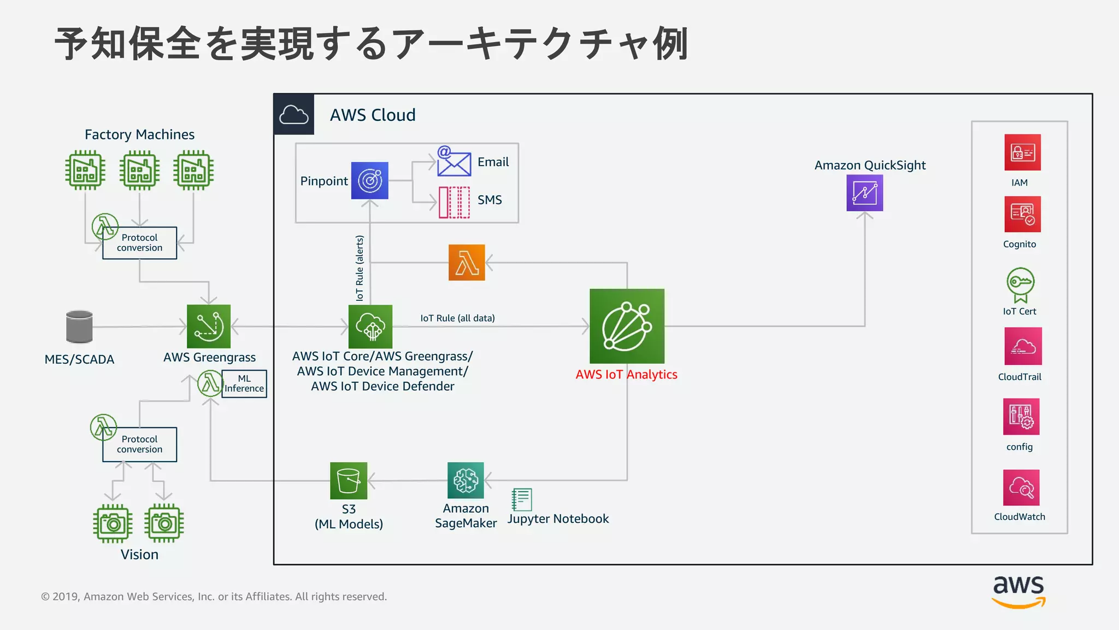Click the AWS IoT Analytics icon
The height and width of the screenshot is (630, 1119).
click(627, 326)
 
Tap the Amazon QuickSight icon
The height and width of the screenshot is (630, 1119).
click(864, 193)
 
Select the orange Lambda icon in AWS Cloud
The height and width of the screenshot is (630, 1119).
click(467, 262)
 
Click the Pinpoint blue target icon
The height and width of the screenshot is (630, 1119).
click(370, 180)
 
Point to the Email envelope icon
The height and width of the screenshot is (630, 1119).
click(454, 162)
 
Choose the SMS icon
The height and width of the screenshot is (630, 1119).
click(454, 202)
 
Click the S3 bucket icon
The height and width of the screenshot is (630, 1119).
click(349, 481)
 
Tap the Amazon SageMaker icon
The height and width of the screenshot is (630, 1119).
click(466, 480)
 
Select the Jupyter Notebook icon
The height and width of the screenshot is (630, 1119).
click(522, 499)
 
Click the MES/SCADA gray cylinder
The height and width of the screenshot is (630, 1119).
click(79, 326)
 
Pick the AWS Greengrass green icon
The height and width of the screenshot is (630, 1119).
click(209, 326)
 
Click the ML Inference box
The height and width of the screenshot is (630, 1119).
click(244, 383)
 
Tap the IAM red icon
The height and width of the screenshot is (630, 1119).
click(1022, 153)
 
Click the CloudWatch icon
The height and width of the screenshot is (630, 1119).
click(1021, 487)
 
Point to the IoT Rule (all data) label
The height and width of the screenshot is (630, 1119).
click(457, 318)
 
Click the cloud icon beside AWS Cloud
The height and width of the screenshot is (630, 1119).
click(294, 114)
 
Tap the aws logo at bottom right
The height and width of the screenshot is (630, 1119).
click(1018, 591)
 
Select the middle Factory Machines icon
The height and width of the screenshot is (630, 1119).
click(140, 170)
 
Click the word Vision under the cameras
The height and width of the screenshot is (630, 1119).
click(139, 555)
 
